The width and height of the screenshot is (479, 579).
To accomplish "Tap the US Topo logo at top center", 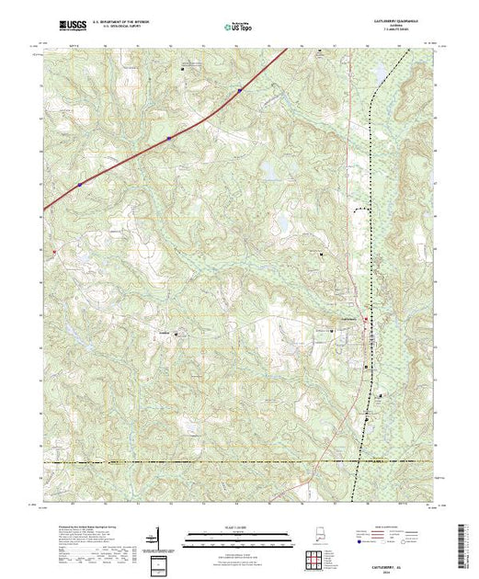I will pos(237,28).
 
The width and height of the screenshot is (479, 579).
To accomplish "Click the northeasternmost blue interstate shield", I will pos(239,90).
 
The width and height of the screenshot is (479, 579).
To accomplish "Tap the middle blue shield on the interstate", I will pos(169,139).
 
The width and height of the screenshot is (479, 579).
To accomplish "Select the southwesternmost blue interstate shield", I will pos(80,184).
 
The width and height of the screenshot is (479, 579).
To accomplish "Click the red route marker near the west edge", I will pos(54,251).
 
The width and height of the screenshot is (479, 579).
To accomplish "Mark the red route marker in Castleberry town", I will pos(366,319).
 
